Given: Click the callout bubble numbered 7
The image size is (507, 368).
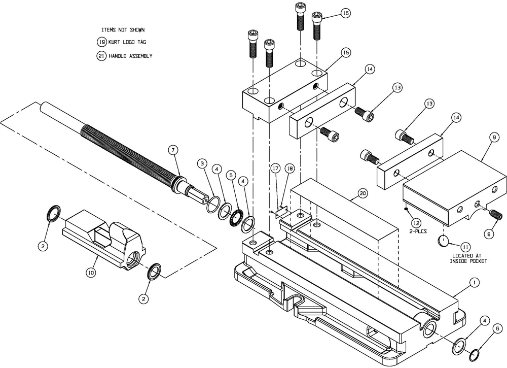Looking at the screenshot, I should click(x=173, y=150).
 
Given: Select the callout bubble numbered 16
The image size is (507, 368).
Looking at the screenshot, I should click(x=345, y=13).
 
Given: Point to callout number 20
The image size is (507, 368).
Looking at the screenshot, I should click(x=363, y=193).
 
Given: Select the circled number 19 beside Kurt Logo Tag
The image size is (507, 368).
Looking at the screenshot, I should click(x=102, y=42).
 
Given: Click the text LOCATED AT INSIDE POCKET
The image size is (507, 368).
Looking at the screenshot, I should click(x=468, y=258).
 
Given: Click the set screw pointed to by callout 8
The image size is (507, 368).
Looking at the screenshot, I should click(x=495, y=217).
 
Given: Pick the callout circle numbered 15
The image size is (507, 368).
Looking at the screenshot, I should click(x=345, y=53).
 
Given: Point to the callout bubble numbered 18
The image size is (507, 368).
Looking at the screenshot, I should click(x=289, y=169).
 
